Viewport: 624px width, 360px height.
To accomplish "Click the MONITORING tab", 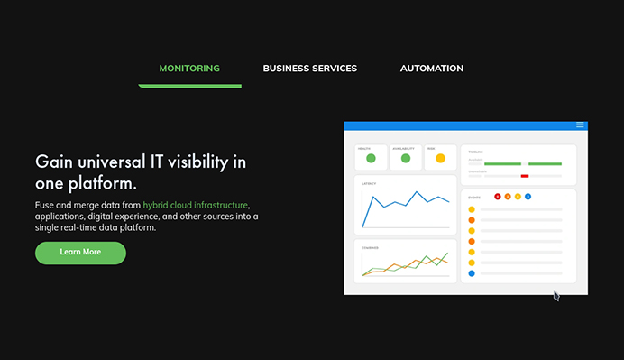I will point(189,69).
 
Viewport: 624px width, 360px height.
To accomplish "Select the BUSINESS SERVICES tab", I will point(309,69).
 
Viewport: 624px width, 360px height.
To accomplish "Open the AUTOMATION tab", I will point(432,69).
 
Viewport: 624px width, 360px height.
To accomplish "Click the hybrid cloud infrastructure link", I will point(196,206).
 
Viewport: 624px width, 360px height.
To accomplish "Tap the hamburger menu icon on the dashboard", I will point(581,125).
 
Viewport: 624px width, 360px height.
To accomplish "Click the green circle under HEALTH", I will point(371,159).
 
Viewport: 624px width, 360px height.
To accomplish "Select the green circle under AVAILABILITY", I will point(406,159).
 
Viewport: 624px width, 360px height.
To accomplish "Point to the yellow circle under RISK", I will point(440,159).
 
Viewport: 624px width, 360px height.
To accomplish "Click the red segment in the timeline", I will point(525,176).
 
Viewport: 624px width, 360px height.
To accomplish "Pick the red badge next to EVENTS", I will point(498,196).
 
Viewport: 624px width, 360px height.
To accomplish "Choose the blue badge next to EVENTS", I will point(528,196).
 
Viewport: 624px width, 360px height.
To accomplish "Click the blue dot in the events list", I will point(472,272).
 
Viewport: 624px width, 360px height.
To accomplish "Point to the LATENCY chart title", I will point(369,184).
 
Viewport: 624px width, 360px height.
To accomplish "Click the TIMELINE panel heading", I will point(476,152).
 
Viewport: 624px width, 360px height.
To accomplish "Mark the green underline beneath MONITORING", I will point(189,86).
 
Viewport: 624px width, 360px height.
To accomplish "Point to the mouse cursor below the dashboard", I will point(555,294).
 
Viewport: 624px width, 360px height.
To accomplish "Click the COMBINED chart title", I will point(371,247).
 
